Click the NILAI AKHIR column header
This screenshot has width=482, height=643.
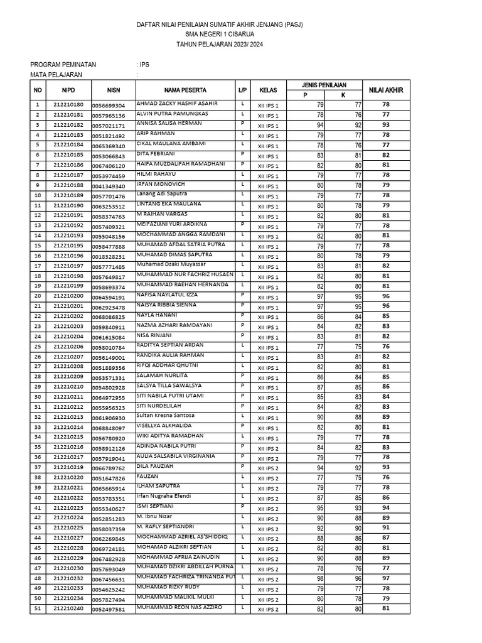[386, 90]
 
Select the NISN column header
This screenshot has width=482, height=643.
[113, 90]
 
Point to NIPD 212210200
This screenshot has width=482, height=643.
[68, 296]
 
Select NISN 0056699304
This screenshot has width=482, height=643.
[109, 105]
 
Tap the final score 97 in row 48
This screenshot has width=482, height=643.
[386, 578]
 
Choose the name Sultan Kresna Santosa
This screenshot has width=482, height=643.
[165, 416]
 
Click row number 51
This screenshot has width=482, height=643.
[38, 608]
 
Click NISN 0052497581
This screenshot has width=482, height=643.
[109, 609]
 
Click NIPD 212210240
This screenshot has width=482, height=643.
[68, 608]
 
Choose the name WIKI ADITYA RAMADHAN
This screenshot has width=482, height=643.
[169, 436]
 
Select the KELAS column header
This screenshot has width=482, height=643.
[268, 90]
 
